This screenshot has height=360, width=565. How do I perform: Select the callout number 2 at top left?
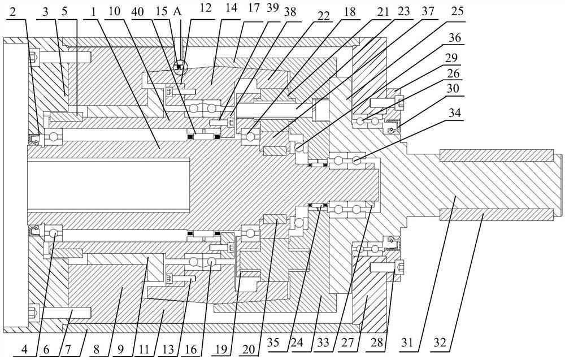pos(12,12)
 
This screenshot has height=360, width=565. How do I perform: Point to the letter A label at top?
pos(177,11)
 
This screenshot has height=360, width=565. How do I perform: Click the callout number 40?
pos(138,11)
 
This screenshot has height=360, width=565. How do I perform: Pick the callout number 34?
pos(454,113)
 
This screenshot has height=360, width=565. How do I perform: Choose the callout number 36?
pos(455,37)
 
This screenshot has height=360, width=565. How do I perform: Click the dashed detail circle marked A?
pos(180,67)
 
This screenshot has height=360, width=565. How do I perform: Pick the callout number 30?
pos(455,89)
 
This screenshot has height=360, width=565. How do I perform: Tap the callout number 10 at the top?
pos(114,11)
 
